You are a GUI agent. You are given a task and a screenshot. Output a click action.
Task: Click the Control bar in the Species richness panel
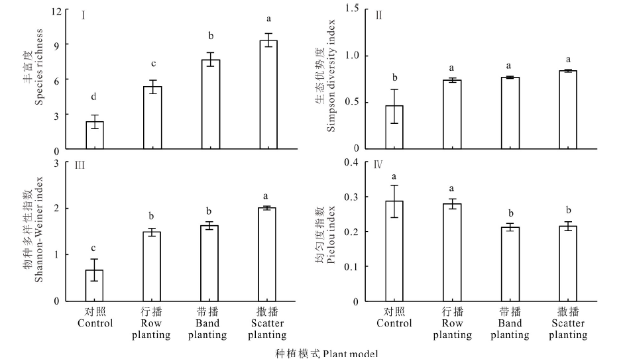pyautogui.click(x=95, y=135)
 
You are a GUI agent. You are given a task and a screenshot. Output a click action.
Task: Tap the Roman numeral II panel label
pyautogui.click(x=378, y=16)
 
